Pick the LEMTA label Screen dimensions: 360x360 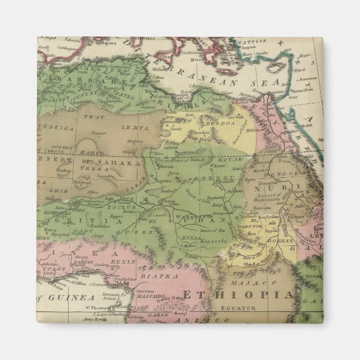click(139, 128)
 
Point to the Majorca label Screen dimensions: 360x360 click(110, 42)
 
